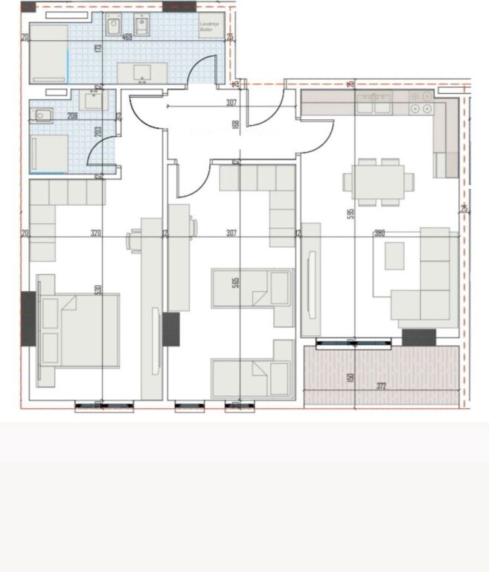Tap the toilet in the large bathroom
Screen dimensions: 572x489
[x=114, y=28]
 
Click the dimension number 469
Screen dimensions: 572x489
[x=127, y=36]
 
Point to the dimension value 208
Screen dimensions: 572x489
[x=72, y=116]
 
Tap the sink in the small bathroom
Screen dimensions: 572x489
[x=93, y=100]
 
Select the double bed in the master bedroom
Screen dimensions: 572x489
[x=79, y=331]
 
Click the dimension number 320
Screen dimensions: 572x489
[x=95, y=233]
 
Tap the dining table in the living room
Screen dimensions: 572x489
[x=378, y=181]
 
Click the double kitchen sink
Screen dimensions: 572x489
[x=374, y=106]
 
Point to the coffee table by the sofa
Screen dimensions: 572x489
[x=394, y=256]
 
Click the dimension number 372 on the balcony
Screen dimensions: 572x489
[x=382, y=386]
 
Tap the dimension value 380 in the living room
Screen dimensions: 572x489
[x=380, y=233]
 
